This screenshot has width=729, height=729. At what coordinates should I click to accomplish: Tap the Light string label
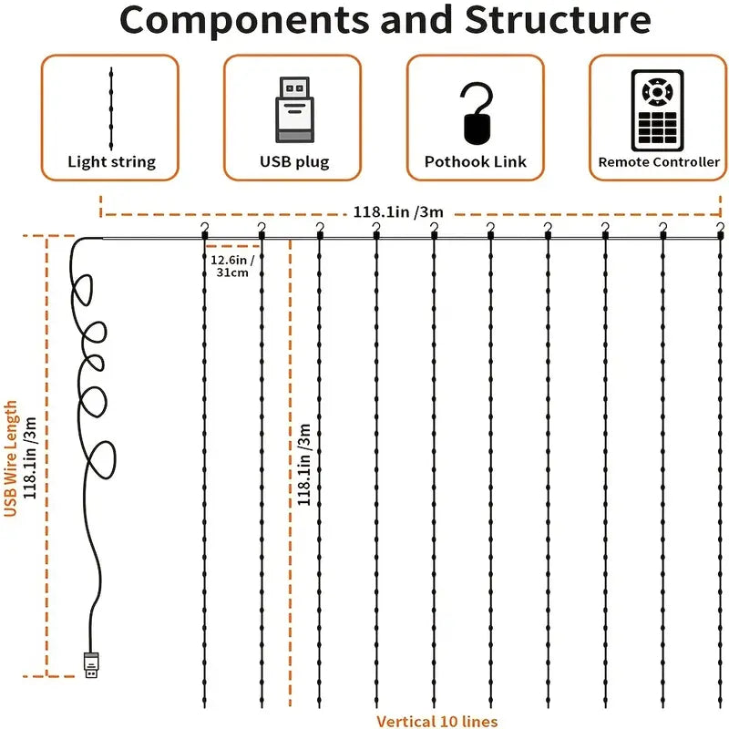tap(111, 162)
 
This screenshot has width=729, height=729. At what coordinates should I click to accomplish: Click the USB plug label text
tap(293, 162)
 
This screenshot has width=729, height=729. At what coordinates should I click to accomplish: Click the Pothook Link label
tap(475, 162)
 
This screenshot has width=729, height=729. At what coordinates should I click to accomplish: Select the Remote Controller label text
tap(658, 162)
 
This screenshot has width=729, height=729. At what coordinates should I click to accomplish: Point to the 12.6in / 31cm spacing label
tap(231, 265)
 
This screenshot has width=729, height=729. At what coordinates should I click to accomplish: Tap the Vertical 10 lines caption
tap(436, 721)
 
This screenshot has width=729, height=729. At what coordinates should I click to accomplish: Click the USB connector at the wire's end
tap(91, 665)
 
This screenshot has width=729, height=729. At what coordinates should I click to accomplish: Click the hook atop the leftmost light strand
tap(205, 229)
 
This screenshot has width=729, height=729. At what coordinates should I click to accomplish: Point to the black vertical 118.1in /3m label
tap(305, 462)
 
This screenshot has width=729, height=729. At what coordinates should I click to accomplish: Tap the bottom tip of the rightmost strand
tap(719, 704)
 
